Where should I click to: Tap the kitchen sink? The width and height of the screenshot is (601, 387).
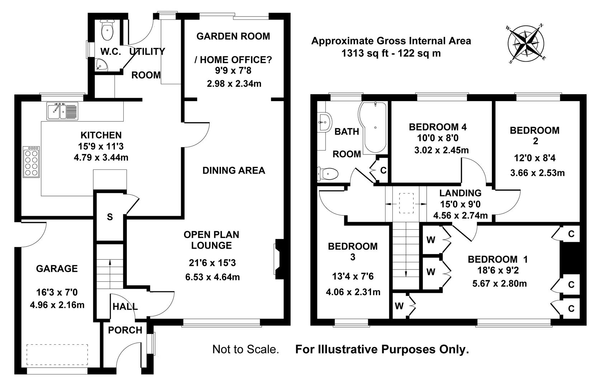tap(62, 111)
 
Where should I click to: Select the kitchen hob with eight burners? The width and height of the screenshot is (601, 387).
tap(31, 162)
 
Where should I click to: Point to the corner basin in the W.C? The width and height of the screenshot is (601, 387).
tap(101, 64)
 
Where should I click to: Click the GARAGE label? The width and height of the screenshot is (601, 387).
tap(57, 268)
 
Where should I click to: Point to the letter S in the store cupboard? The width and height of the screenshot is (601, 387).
tap(110, 217)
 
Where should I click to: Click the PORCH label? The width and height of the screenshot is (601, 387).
tap(125, 330)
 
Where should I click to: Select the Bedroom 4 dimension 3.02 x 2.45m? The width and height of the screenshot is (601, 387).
tap(441, 150)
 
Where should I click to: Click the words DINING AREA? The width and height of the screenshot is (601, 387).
tap(234, 170)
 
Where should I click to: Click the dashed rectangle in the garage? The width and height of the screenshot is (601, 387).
tap(57, 354)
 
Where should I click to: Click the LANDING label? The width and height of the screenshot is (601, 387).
tap(460, 193)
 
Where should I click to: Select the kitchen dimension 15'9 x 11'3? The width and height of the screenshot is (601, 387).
tap(101, 146)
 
